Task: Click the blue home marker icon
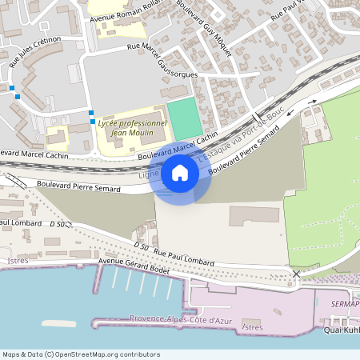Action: [180, 173]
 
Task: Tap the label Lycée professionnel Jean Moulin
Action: [132, 128]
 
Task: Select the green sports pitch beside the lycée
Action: [185, 118]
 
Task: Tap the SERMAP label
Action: [345, 305]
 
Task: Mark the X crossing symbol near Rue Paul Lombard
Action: [297, 274]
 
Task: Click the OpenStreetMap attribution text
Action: [80, 354]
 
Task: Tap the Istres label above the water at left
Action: [16, 261]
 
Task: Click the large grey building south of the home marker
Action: [254, 214]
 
